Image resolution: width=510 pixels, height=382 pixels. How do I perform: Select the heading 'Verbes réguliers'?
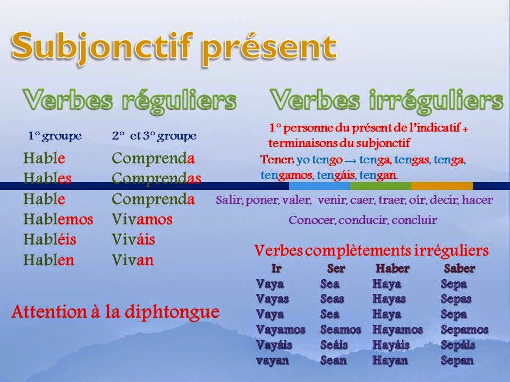click(129, 100)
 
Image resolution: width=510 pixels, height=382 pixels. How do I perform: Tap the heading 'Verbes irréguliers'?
click(386, 100)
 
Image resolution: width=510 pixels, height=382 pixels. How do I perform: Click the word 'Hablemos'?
click(58, 219)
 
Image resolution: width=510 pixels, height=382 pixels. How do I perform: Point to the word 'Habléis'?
click(50, 239)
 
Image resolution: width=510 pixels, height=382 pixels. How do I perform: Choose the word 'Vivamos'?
click(142, 219)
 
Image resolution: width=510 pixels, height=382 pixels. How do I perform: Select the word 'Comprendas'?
click(156, 178)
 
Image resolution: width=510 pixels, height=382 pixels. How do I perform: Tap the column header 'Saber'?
click(459, 268)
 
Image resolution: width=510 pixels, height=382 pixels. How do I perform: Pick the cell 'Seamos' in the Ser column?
click(341, 329)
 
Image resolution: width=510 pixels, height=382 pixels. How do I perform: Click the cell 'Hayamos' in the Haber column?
click(397, 329)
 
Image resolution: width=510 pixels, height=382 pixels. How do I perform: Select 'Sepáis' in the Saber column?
click(458, 345)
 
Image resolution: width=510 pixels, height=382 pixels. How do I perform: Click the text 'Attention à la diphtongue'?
click(115, 312)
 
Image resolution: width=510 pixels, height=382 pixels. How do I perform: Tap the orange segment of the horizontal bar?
click(441, 186)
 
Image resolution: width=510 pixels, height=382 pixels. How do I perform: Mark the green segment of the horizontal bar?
click(380, 186)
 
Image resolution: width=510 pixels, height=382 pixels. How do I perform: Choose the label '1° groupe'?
click(55, 136)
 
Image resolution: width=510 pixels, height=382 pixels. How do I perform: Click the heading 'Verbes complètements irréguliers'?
click(371, 250)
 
